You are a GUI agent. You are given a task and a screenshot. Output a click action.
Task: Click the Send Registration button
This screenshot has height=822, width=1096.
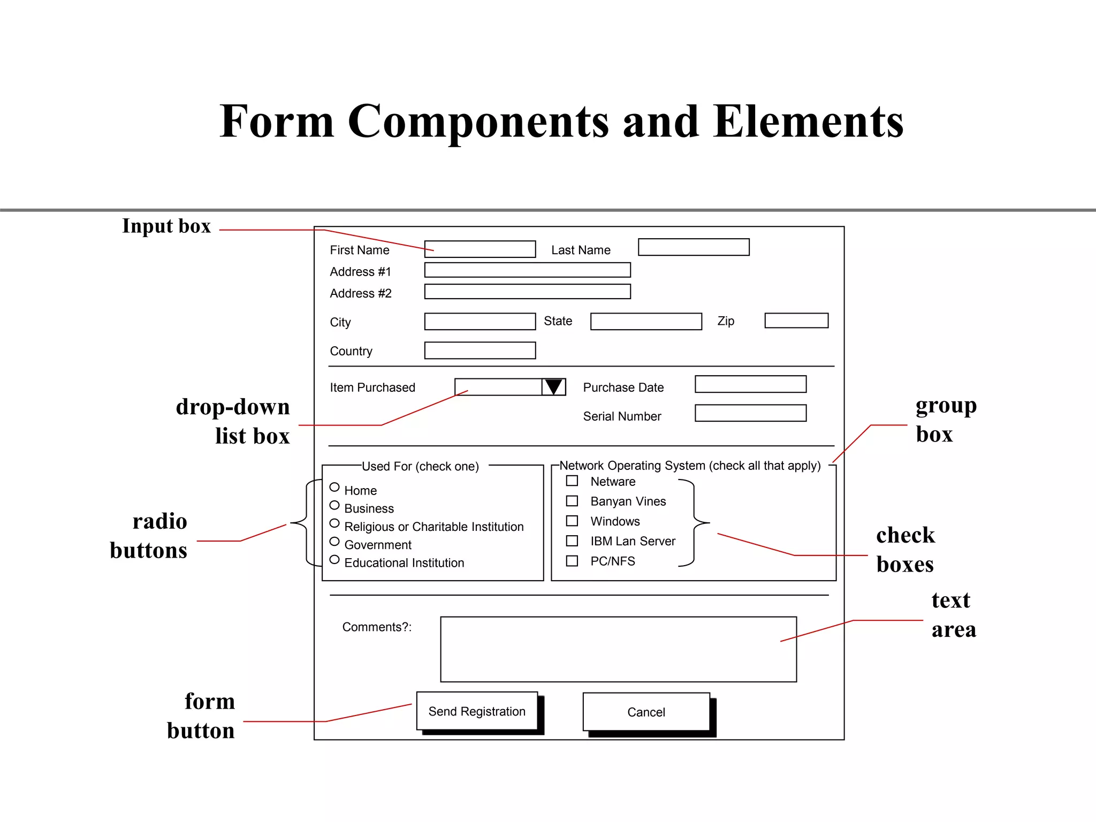pos(477,711)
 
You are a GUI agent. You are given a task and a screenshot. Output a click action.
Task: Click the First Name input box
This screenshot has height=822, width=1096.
pos(480,249)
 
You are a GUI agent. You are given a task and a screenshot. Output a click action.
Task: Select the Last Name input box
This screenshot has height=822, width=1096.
pos(694,247)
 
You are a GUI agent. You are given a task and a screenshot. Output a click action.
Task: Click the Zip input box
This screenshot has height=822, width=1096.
pos(796,321)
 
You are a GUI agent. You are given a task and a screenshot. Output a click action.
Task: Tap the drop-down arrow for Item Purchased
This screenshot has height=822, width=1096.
pos(553,387)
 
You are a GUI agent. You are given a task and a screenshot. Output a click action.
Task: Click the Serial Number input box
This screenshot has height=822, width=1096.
pos(750,413)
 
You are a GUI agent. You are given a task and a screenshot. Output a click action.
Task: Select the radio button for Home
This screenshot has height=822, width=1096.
pos(334,487)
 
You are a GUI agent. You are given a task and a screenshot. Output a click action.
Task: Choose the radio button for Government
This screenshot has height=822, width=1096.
pos(334,542)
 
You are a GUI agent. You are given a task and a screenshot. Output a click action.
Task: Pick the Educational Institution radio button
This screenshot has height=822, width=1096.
pos(334,560)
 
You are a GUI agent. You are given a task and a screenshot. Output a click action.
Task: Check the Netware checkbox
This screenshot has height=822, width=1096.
pos(572,481)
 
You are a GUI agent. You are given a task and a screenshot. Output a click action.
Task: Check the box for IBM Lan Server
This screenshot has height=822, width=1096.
pos(572,541)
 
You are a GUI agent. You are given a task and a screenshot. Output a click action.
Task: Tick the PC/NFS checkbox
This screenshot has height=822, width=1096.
pos(572,561)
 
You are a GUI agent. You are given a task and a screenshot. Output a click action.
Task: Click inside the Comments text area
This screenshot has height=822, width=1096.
pos(618,649)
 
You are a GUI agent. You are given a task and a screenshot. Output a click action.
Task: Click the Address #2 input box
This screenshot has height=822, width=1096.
pos(527,292)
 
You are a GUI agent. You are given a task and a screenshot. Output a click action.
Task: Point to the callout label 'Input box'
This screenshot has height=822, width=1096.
pos(166,226)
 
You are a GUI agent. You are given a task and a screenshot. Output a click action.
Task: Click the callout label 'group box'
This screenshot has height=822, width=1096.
pos(945,420)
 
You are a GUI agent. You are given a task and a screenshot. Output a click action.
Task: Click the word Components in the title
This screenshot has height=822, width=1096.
pos(478,121)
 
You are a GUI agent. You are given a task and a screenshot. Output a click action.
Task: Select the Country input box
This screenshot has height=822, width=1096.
pos(480,351)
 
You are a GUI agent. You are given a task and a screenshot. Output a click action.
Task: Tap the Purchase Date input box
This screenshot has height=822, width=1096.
pos(750,384)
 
